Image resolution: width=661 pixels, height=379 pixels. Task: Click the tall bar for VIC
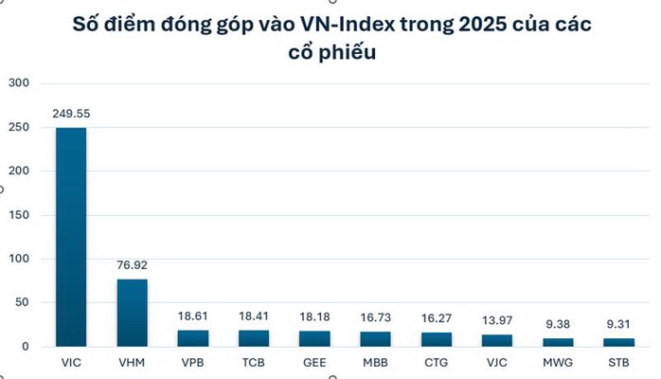71,237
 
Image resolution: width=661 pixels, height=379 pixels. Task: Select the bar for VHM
132,313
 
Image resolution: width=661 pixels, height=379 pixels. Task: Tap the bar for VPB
192,338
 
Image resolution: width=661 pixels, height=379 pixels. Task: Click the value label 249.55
71,114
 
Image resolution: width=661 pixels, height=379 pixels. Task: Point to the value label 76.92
132,265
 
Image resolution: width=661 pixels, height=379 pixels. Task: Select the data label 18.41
253,316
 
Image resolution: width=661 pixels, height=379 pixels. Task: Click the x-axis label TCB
253,362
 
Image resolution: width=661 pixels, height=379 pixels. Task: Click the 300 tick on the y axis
19,83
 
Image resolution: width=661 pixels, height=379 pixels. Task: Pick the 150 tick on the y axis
19,215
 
